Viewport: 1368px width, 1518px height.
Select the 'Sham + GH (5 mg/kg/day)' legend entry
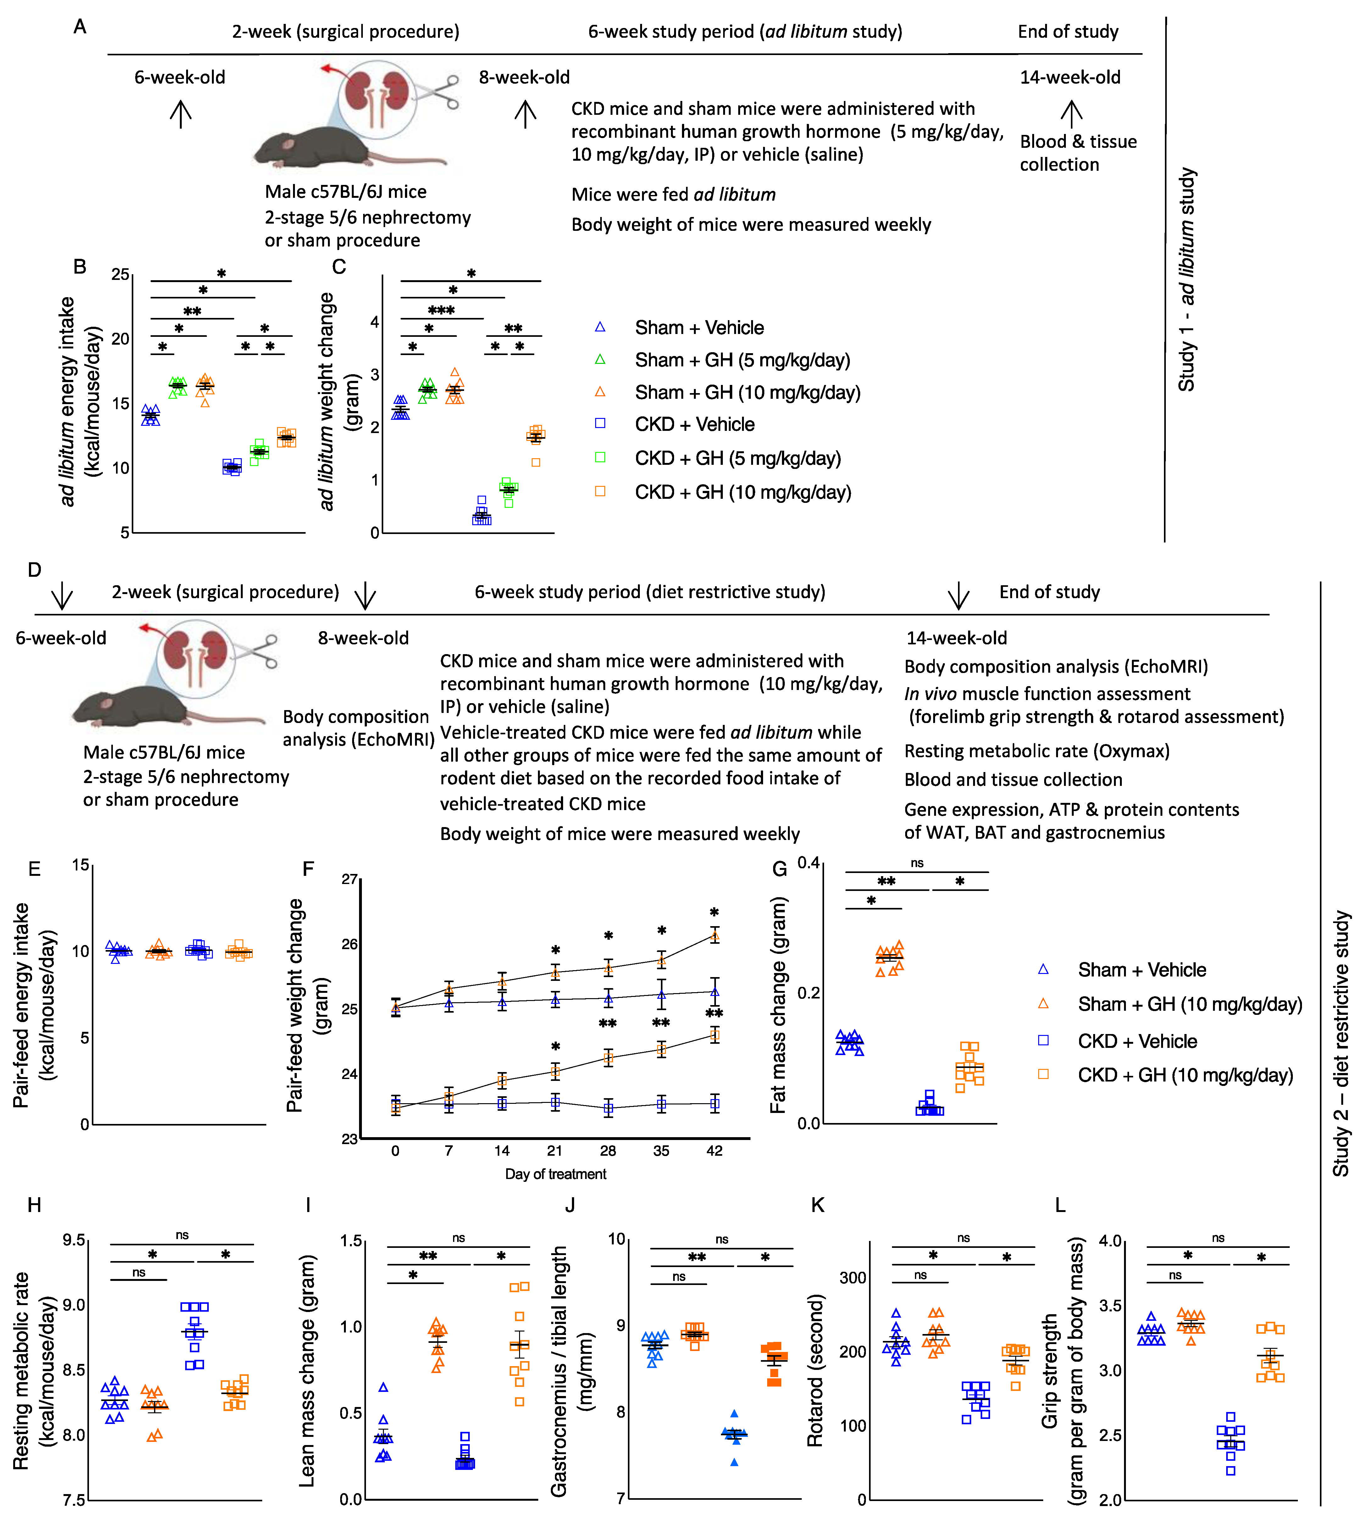pos(742,360)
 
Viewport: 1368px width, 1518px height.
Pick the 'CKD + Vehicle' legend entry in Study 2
pos(1137,1041)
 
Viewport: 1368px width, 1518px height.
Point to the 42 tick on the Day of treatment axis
pos(714,1150)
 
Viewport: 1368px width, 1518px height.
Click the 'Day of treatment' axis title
pos(556,1174)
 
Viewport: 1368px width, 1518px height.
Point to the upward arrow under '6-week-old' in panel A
pos(180,114)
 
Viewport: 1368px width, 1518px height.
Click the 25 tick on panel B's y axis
pos(120,275)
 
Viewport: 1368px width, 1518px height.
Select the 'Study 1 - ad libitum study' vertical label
pos(1186,280)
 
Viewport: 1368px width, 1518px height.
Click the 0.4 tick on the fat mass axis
pos(809,863)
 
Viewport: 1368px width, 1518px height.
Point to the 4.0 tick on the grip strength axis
pos(1110,1241)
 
